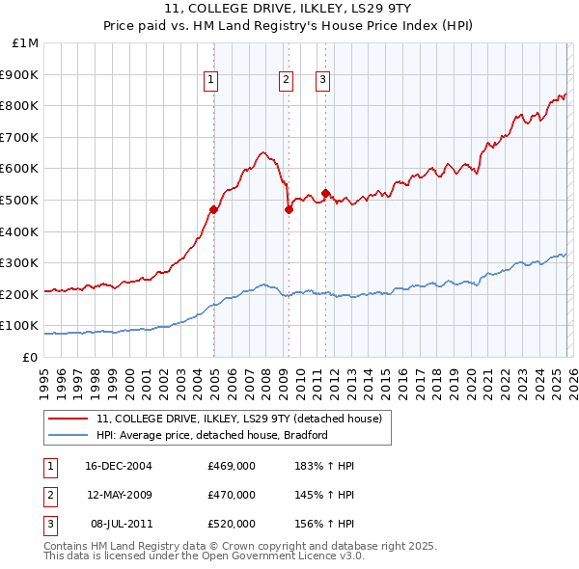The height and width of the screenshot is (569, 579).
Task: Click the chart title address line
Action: tap(289, 10)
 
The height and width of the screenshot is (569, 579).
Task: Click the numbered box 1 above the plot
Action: tap(210, 81)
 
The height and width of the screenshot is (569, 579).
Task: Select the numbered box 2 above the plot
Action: tap(287, 81)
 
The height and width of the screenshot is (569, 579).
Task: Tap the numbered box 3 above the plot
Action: tap(322, 81)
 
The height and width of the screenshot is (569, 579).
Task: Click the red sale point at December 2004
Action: tap(213, 209)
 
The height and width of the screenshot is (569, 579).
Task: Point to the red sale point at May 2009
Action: tap(289, 209)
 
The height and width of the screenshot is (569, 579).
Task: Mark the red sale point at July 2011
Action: tap(325, 193)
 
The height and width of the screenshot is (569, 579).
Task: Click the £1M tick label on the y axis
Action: tap(26, 43)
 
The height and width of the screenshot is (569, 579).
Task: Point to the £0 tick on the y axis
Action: tap(31, 357)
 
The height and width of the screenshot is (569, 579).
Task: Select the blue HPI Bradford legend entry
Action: tap(212, 435)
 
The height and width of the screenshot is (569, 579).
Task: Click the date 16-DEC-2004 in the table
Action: tap(118, 466)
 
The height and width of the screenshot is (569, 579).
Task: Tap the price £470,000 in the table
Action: tap(232, 495)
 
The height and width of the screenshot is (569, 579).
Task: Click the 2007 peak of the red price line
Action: tap(262, 152)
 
